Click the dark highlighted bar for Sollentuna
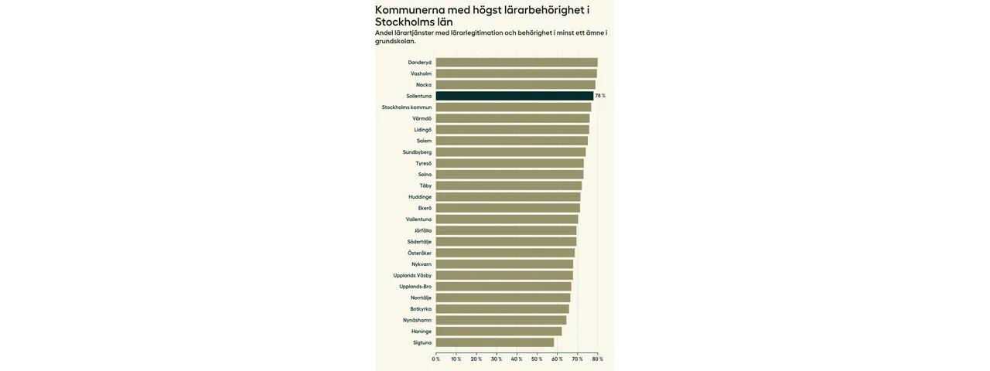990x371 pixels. pyautogui.click(x=514, y=96)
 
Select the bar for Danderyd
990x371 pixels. pyautogui.click(x=517, y=63)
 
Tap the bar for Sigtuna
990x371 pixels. pyautogui.click(x=495, y=342)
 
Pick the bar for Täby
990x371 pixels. pyautogui.click(x=508, y=185)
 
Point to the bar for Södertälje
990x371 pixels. pyautogui.click(x=506, y=242)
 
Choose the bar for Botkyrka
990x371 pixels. pyautogui.click(x=502, y=309)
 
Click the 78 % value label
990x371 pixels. pyautogui.click(x=600, y=96)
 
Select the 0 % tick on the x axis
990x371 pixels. pyautogui.click(x=436, y=359)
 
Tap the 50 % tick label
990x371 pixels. pyautogui.click(x=537, y=359)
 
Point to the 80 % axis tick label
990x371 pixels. pyautogui.click(x=598, y=359)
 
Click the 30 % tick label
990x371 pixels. pyautogui.click(x=497, y=359)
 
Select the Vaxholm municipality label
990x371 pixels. pyautogui.click(x=421, y=73)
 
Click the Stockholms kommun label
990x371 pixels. pyautogui.click(x=407, y=107)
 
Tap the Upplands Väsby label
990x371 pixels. pyautogui.click(x=412, y=275)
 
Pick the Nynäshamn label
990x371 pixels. pyautogui.click(x=417, y=320)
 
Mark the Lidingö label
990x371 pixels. pyautogui.click(x=422, y=130)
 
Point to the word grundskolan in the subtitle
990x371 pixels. pyautogui.click(x=394, y=41)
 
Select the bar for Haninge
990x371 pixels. pyautogui.click(x=499, y=332)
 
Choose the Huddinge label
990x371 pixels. pyautogui.click(x=420, y=197)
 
